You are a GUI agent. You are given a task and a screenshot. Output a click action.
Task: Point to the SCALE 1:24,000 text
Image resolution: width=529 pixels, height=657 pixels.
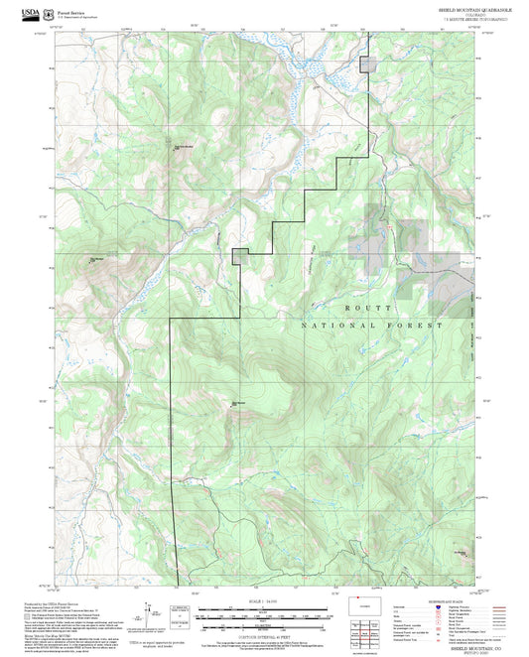(264, 601)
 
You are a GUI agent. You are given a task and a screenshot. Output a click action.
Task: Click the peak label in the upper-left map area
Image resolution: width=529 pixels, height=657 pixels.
(184, 148)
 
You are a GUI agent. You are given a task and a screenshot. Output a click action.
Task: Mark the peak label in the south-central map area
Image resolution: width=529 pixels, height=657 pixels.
(238, 402)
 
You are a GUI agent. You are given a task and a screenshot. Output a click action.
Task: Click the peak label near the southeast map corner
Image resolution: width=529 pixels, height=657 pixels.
(460, 553)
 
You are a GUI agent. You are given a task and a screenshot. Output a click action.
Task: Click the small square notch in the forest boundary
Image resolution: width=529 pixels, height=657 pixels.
(239, 255)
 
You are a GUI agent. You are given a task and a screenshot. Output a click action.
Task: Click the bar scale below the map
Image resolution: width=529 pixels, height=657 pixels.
(264, 622)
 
